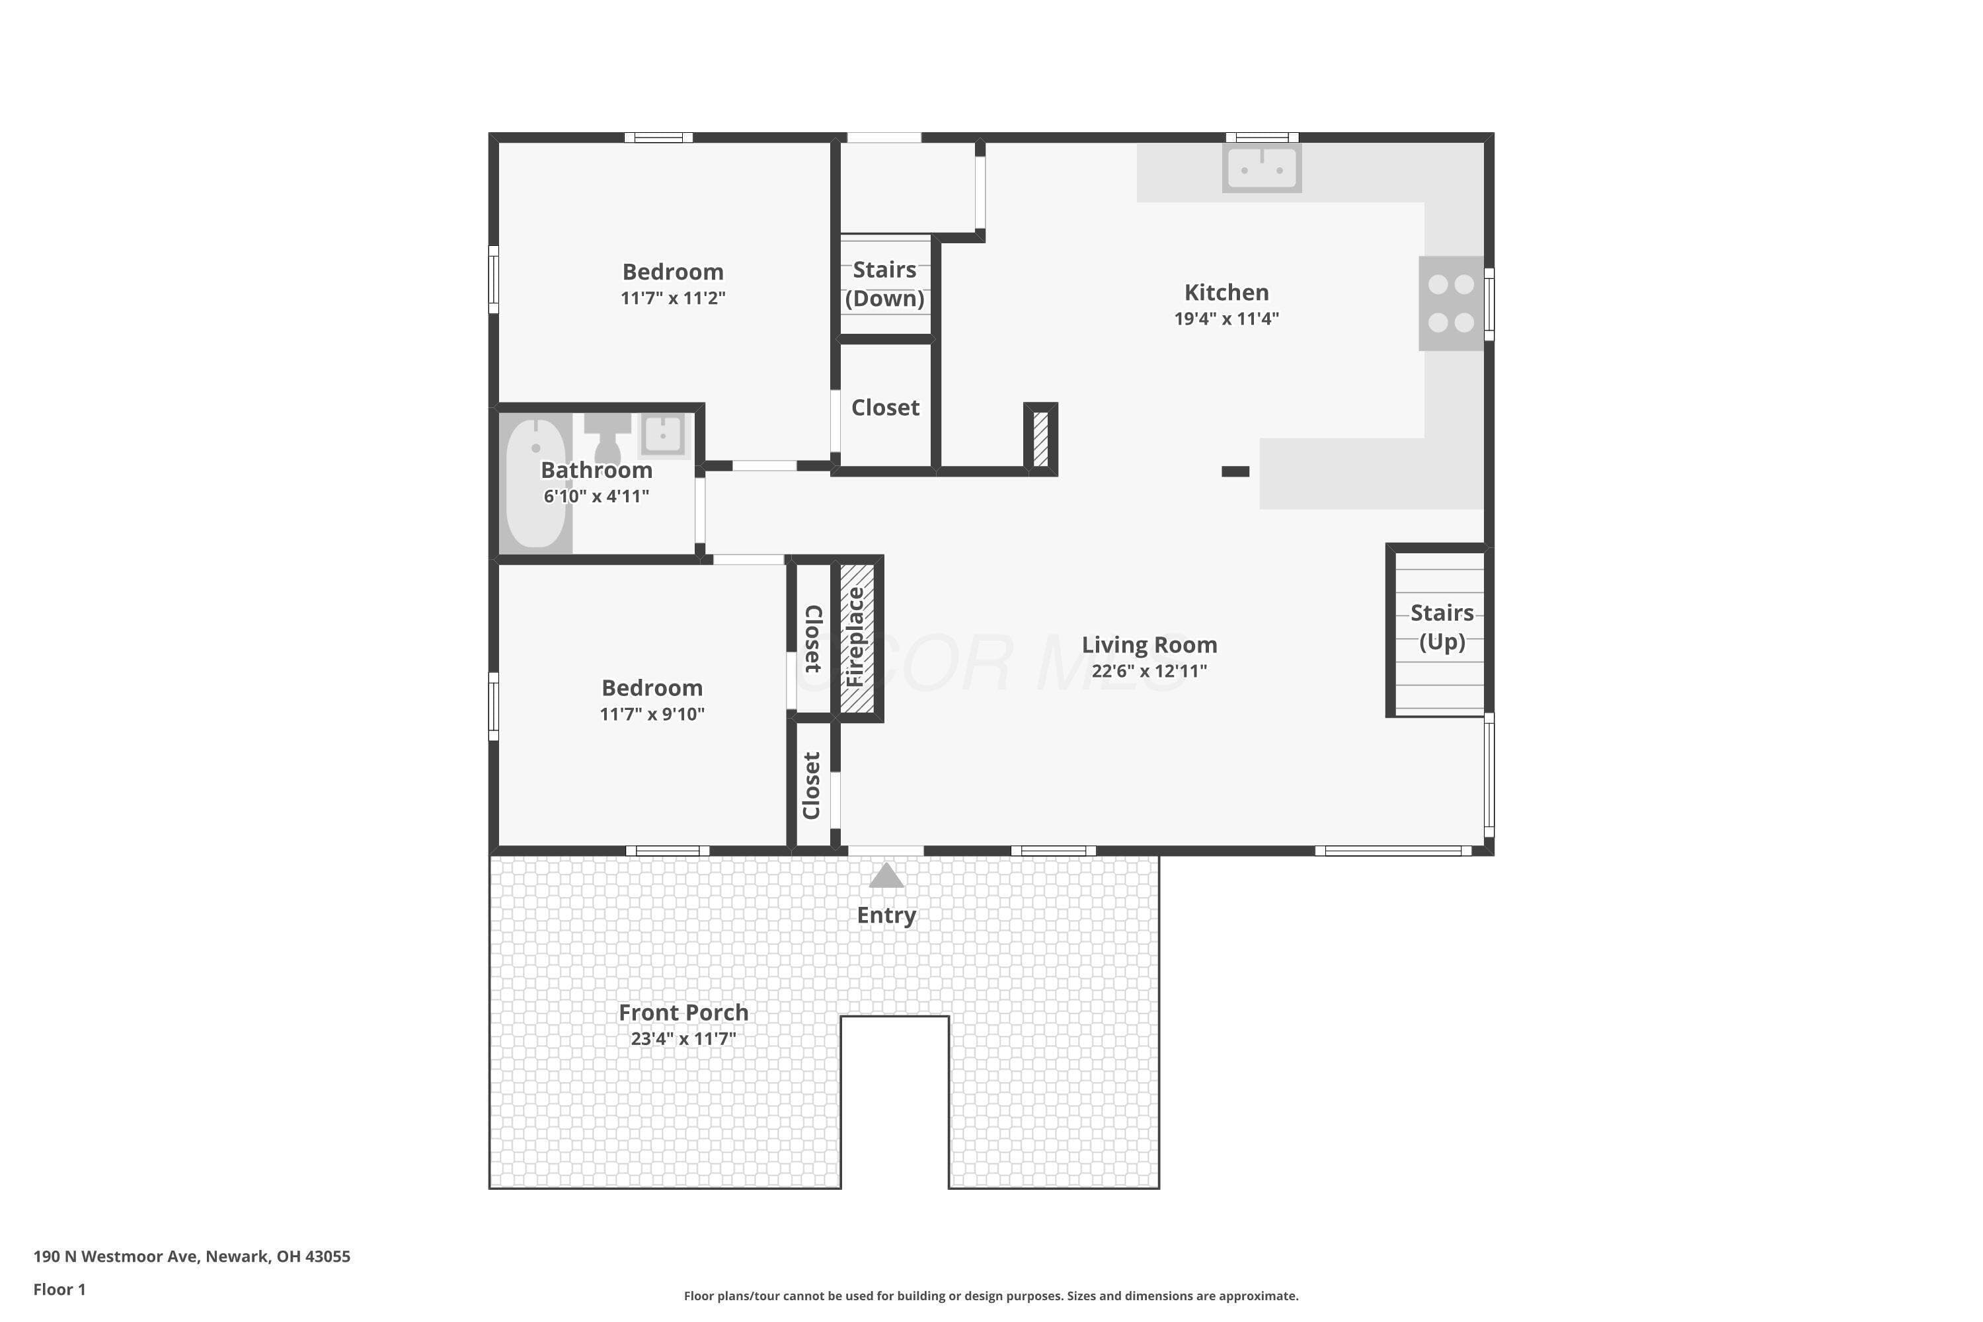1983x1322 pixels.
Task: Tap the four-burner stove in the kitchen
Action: pyautogui.click(x=1451, y=303)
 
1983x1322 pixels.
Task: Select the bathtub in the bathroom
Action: pyautogui.click(x=536, y=483)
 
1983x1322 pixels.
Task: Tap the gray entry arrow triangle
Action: pyautogui.click(x=886, y=875)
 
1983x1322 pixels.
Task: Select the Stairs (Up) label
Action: pyautogui.click(x=1442, y=627)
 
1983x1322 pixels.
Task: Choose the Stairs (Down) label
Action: pyautogui.click(x=884, y=284)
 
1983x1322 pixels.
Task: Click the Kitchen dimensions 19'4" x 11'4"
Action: pyautogui.click(x=1227, y=319)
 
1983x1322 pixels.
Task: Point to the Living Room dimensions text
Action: pyautogui.click(x=1149, y=671)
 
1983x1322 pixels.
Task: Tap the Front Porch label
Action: pyautogui.click(x=683, y=1012)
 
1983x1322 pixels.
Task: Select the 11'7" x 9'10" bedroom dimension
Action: pyautogui.click(x=652, y=714)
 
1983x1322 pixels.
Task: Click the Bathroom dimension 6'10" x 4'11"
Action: pyautogui.click(x=596, y=496)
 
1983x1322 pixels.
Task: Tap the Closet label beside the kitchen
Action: pyautogui.click(x=885, y=407)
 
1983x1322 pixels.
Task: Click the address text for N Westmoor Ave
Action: pyautogui.click(x=192, y=1257)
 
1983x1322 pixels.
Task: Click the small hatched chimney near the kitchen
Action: pyautogui.click(x=1040, y=438)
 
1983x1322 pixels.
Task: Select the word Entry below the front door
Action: pyautogui.click(x=886, y=915)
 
